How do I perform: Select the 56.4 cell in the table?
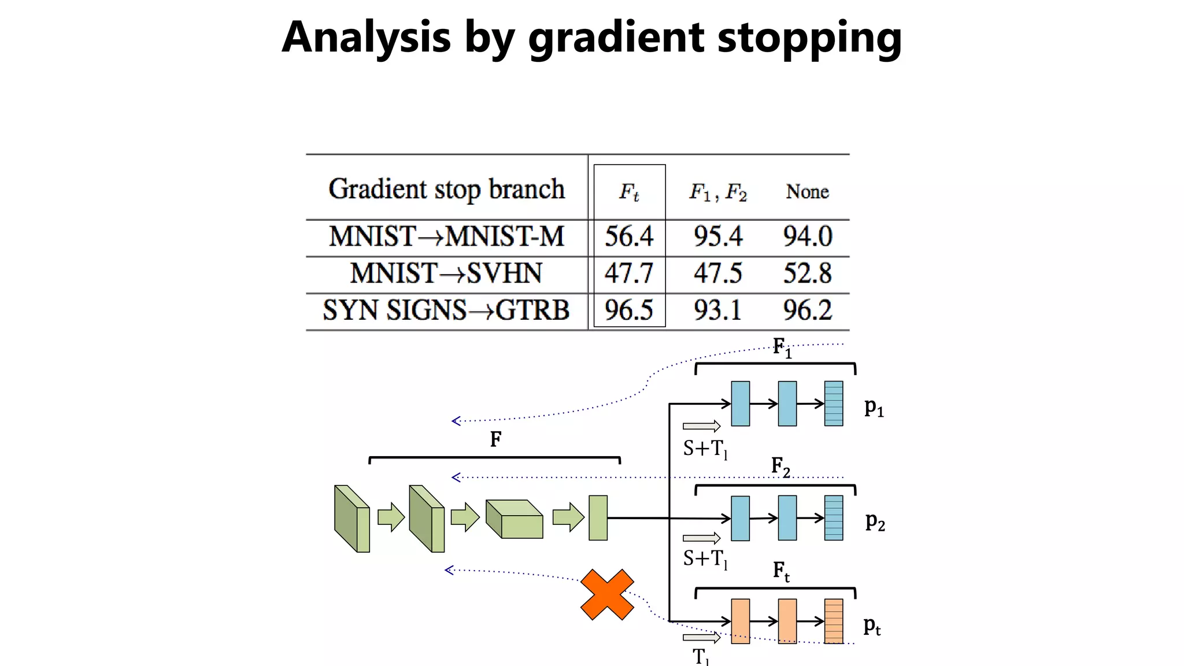point(629,236)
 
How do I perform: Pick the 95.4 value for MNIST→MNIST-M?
point(718,236)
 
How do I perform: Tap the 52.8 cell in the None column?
point(808,273)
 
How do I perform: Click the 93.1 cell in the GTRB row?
point(718,310)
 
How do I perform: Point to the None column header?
point(807,191)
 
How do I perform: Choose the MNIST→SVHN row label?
point(446,273)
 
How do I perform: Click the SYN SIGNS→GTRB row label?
point(446,310)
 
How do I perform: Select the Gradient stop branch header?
point(446,189)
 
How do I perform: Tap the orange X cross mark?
point(607,595)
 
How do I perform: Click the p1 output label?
point(874,408)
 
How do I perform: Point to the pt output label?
point(872,626)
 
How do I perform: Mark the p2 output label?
point(875,522)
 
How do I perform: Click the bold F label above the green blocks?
point(495,440)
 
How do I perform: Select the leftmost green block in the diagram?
point(351,519)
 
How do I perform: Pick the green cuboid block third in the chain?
point(515,519)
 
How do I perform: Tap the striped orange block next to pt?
point(834,621)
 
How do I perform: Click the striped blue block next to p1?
point(834,404)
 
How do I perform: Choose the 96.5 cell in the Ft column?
point(629,310)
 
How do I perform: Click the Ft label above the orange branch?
point(781,572)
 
